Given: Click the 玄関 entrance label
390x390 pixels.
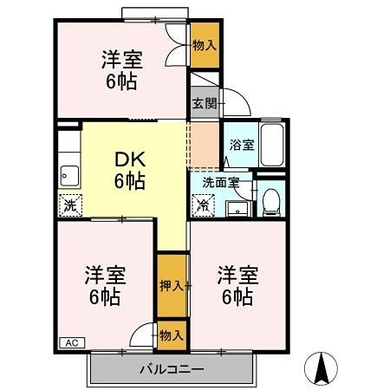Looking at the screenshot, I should pos(205,102).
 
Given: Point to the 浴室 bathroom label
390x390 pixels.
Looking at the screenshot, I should pos(242,146).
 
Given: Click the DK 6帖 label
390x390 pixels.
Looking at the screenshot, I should pos(130,171).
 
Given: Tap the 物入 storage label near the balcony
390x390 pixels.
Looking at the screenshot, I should pos(171,335).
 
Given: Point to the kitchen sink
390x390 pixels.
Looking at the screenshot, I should pos(68,177).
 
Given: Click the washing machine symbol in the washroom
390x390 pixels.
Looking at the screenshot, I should pos(203,206).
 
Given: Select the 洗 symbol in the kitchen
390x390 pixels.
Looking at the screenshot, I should pos(69,206).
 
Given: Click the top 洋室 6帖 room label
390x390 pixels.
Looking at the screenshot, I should pos(120,69).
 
